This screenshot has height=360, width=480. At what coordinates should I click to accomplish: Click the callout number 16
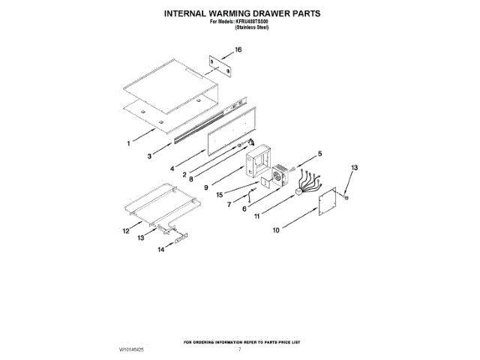pyautogui.click(x=239, y=50)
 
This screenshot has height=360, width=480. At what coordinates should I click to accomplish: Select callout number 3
pyautogui.click(x=150, y=156)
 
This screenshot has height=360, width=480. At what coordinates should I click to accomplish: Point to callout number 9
pyautogui.click(x=205, y=187)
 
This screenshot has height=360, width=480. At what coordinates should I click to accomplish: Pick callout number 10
pyautogui.click(x=275, y=232)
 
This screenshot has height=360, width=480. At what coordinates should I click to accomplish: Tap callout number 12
pyautogui.click(x=126, y=231)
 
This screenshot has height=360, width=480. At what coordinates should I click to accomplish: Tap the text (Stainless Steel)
pyautogui.click(x=252, y=27)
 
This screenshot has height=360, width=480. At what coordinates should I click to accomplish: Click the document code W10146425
pyautogui.click(x=131, y=349)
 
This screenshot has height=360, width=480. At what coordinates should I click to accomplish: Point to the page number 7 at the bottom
pyautogui.click(x=239, y=349)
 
